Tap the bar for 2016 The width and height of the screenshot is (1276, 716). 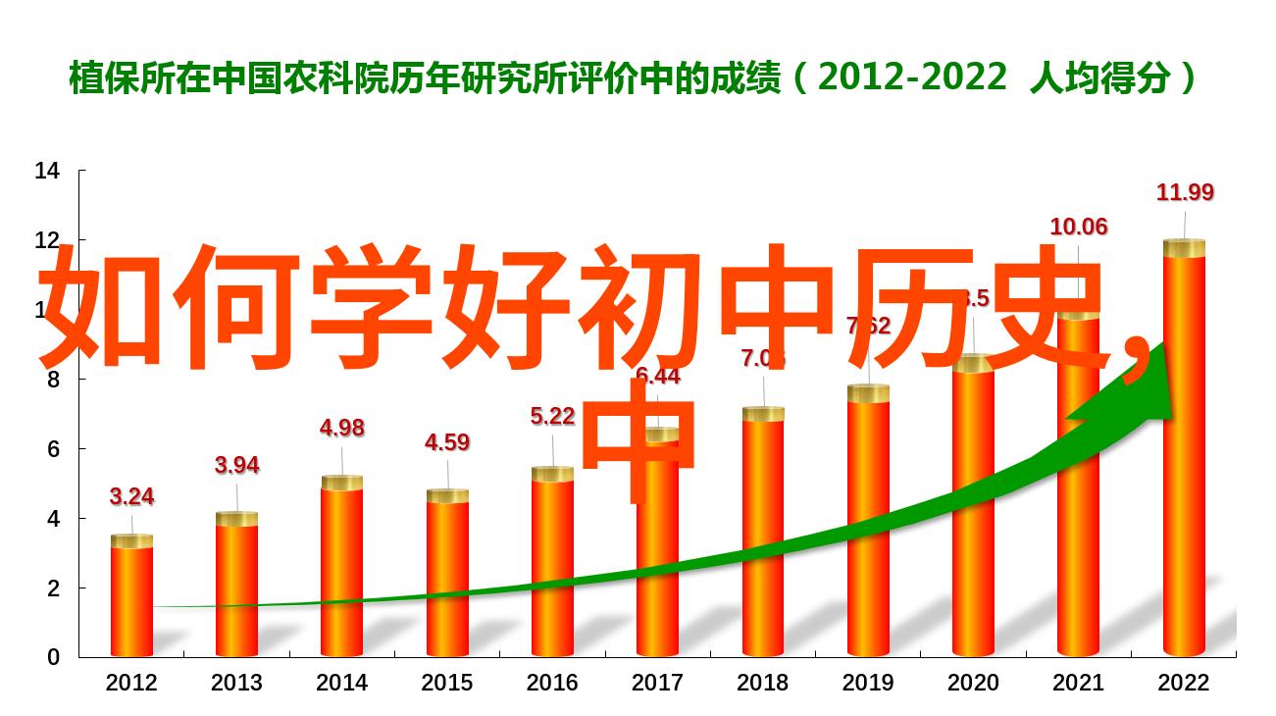pyautogui.click(x=553, y=569)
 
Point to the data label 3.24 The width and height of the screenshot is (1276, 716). pyautogui.click(x=131, y=496)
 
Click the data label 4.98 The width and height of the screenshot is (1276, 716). pyautogui.click(x=342, y=428)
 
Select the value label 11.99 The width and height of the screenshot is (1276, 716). pyautogui.click(x=1185, y=192)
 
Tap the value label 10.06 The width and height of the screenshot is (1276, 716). pyautogui.click(x=1079, y=227)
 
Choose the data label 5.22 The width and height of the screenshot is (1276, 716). pyautogui.click(x=553, y=416)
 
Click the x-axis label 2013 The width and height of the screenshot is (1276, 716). pyautogui.click(x=237, y=683)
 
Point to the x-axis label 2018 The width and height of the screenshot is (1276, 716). pyautogui.click(x=763, y=683)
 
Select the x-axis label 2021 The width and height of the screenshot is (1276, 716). pyautogui.click(x=1079, y=683)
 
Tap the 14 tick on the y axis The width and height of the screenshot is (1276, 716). pyautogui.click(x=47, y=172)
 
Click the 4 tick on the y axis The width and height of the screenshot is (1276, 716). pyautogui.click(x=54, y=518)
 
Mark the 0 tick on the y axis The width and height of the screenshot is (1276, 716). pyautogui.click(x=54, y=657)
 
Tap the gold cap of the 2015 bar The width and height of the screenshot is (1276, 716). pyautogui.click(x=447, y=496)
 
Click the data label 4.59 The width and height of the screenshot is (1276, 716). pyautogui.click(x=447, y=442)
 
